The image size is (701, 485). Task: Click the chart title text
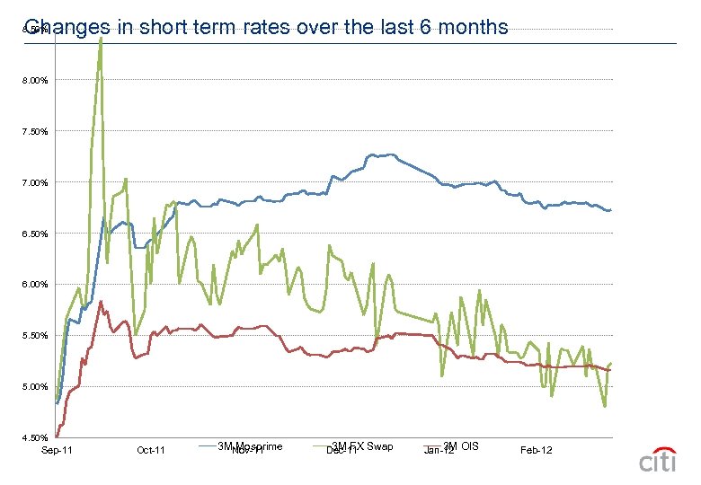[x=267, y=28]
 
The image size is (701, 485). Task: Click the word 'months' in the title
[x=474, y=28]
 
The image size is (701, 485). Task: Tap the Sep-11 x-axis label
[x=57, y=450]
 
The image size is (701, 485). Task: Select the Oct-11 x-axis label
[x=151, y=450]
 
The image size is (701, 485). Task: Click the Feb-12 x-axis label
[x=537, y=450]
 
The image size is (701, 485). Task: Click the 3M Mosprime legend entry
[x=250, y=446]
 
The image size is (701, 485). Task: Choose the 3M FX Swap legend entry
[x=362, y=446]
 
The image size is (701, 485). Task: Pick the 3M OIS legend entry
[x=461, y=446]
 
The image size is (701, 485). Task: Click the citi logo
[x=660, y=459]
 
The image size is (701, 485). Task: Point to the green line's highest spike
[x=100, y=40]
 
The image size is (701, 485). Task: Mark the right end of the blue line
[x=610, y=210]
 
